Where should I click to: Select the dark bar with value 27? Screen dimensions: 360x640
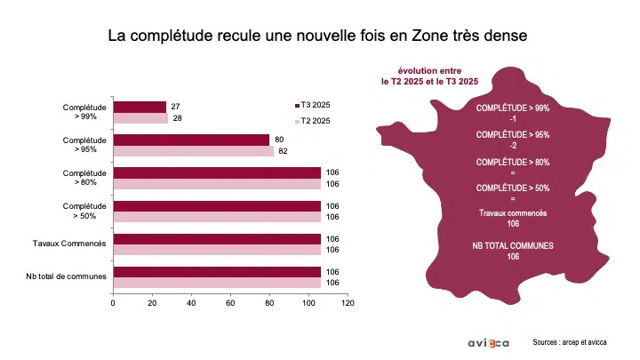140,107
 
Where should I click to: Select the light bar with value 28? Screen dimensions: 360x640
140,118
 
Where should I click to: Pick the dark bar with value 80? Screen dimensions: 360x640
191,140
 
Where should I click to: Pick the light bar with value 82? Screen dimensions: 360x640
193,151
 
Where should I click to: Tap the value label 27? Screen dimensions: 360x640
175,107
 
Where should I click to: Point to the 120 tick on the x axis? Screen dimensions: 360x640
348,303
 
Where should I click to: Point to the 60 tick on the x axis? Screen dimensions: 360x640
230,303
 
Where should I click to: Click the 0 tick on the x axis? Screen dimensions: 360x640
113,303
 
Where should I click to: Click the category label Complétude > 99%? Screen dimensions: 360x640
85,112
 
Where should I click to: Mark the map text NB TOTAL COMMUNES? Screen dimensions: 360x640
513,245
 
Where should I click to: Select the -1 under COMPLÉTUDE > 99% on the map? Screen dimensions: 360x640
513,117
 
